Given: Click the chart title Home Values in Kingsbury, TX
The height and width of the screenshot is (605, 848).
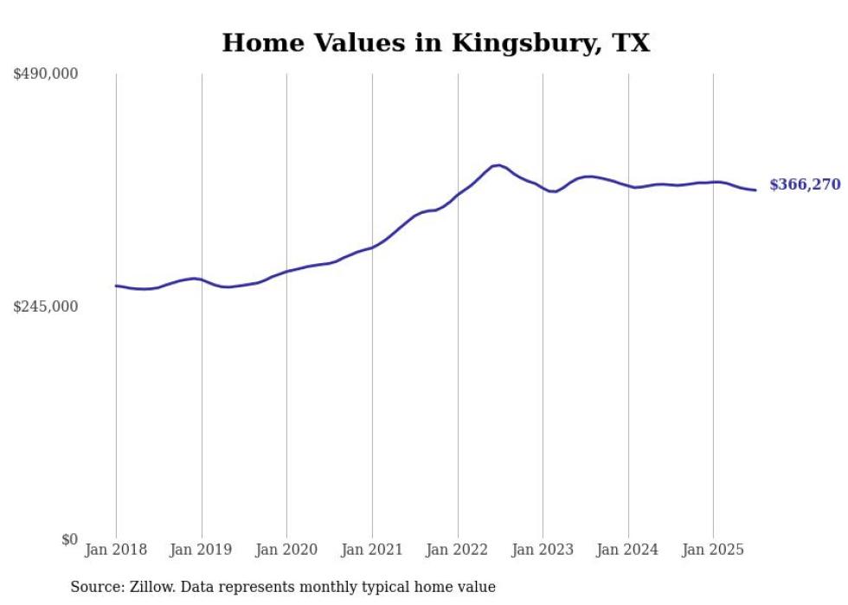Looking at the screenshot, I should pyautogui.click(x=435, y=42).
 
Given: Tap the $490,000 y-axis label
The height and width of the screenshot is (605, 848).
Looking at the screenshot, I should pyautogui.click(x=46, y=74).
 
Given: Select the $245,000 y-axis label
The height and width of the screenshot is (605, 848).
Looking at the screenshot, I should pyautogui.click(x=46, y=306).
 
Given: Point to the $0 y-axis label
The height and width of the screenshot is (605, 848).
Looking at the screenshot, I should pyautogui.click(x=69, y=539).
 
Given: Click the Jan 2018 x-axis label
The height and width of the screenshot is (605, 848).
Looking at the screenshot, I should pyautogui.click(x=116, y=550).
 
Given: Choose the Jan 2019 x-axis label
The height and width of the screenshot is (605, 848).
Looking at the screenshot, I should pyautogui.click(x=202, y=550).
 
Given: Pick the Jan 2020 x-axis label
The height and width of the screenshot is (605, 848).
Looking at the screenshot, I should pyautogui.click(x=286, y=550).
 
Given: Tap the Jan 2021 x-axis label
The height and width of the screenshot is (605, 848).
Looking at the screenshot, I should pyautogui.click(x=372, y=550).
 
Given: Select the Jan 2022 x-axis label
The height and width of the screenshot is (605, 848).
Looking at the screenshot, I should pyautogui.click(x=457, y=550).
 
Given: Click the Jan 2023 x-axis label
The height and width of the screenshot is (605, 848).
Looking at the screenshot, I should pyautogui.click(x=543, y=550).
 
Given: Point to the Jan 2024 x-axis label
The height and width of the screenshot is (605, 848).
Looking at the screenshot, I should pyautogui.click(x=628, y=550).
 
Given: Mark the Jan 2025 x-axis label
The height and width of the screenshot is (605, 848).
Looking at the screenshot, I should pyautogui.click(x=713, y=550).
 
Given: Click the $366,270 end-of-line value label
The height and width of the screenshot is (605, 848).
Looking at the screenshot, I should pyautogui.click(x=805, y=184).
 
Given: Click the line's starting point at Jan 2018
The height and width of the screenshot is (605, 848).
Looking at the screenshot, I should pyautogui.click(x=116, y=286).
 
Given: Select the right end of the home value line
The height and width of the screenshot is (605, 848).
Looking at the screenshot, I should pyautogui.click(x=755, y=190).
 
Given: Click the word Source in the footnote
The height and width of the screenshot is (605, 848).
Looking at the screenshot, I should pyautogui.click(x=95, y=587).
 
